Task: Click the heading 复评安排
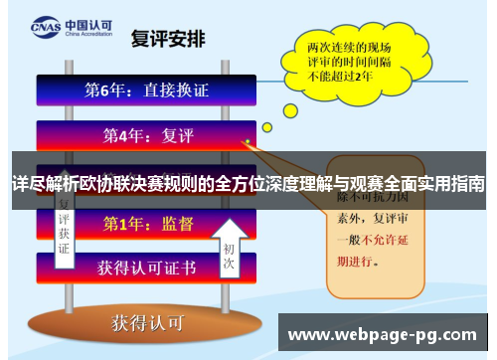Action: point(169,40)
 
